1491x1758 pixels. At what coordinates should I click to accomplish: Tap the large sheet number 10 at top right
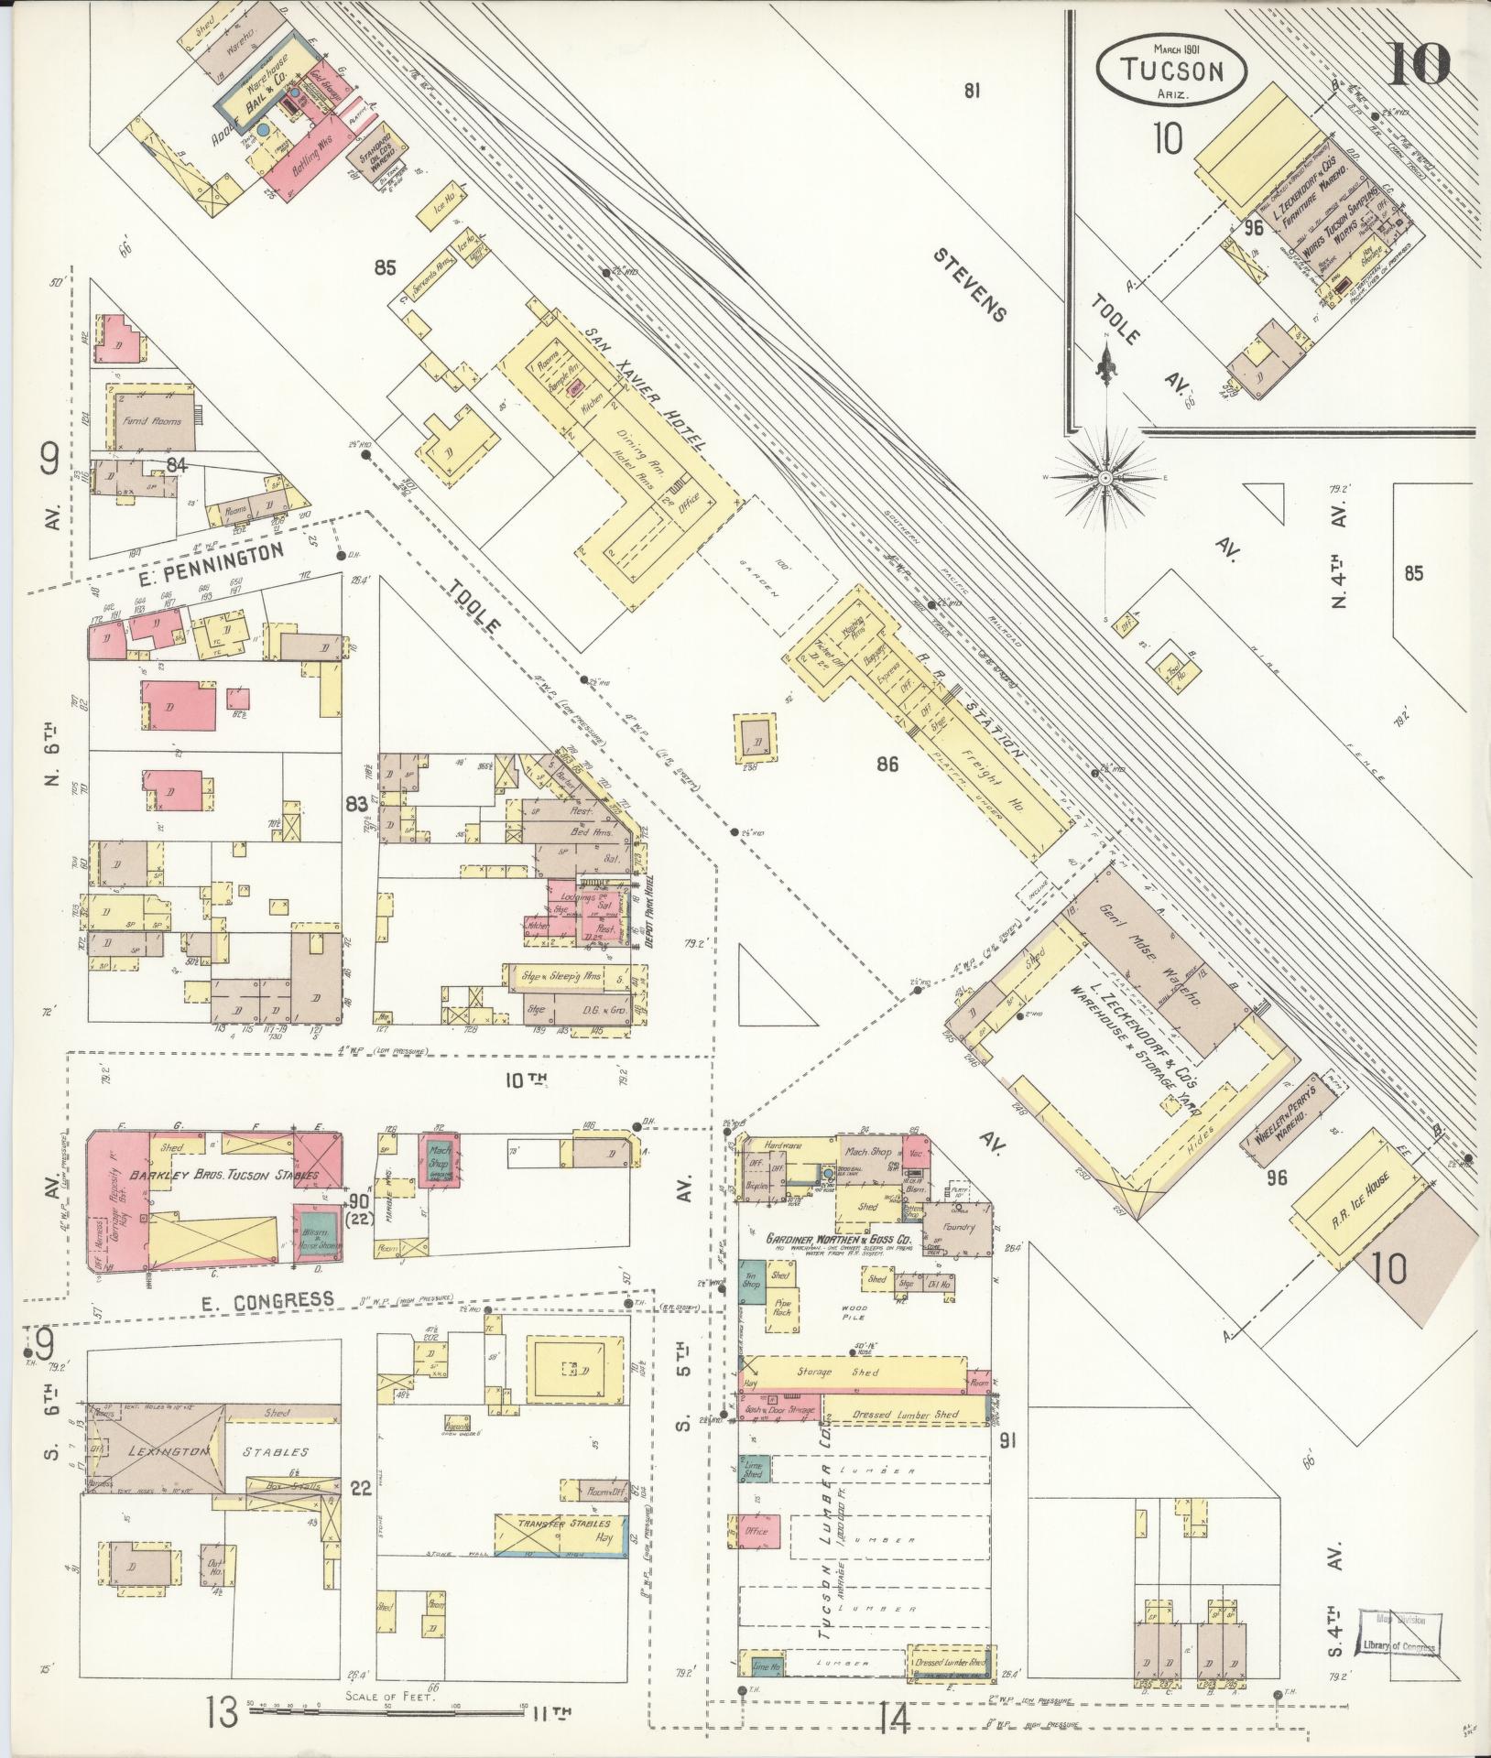(1418, 62)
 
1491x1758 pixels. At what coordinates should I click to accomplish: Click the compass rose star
(1105, 478)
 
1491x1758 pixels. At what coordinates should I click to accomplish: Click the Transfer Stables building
(562, 1531)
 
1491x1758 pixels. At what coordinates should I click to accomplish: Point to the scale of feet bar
(389, 1709)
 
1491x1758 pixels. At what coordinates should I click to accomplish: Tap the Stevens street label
(970, 284)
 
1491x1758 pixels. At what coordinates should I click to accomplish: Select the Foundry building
(957, 1228)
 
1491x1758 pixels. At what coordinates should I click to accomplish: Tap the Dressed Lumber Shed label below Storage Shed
(904, 1415)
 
